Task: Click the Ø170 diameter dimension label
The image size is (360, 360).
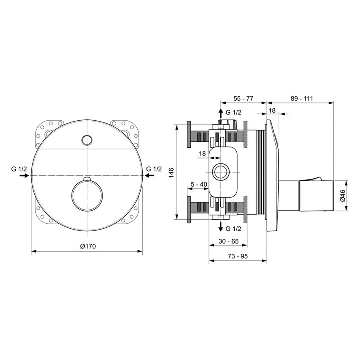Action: (87, 246)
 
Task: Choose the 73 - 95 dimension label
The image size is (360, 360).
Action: (238, 256)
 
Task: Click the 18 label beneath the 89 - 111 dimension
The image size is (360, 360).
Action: (272, 110)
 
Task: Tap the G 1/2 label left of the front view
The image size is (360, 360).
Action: (19, 169)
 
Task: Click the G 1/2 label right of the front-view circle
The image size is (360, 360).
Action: (154, 169)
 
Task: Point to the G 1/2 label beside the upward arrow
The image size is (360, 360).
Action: (233, 112)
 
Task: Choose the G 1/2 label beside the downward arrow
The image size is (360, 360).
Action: (233, 229)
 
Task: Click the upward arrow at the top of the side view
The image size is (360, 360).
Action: (220, 113)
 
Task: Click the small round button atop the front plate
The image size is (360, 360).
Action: (87, 140)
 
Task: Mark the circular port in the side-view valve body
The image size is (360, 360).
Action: (220, 172)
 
